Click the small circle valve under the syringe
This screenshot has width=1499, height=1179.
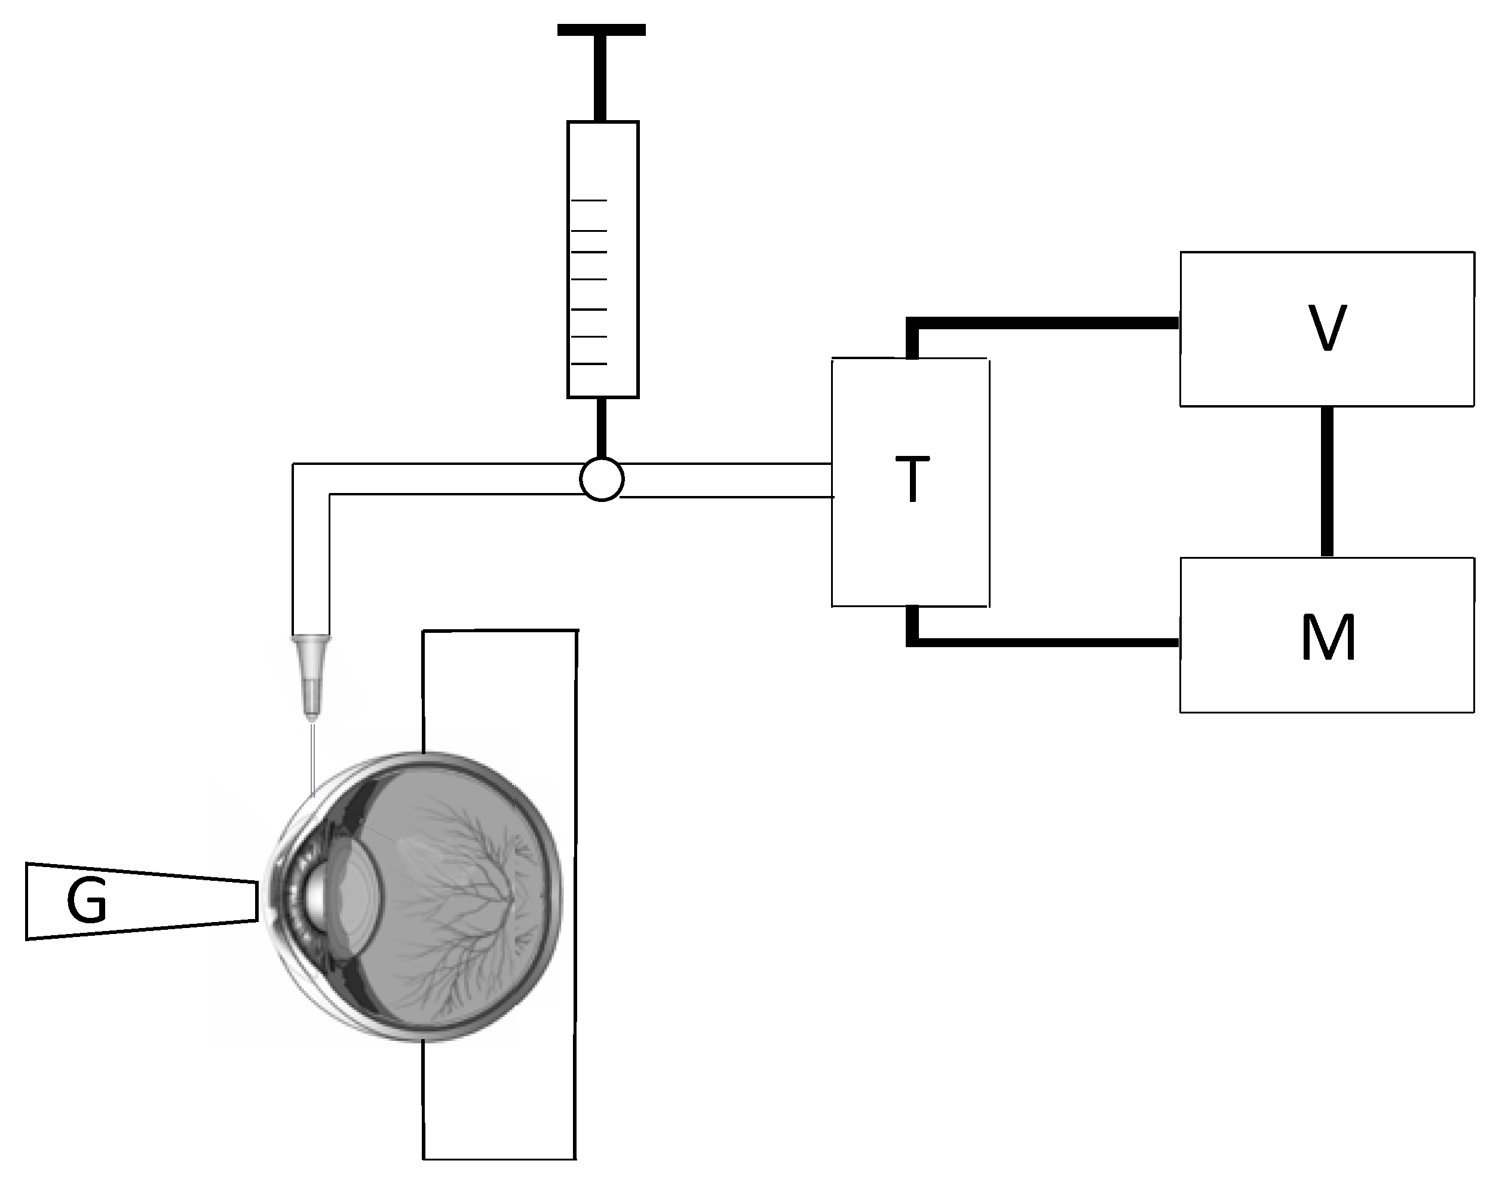point(602,479)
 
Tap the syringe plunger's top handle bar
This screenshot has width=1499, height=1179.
point(601,30)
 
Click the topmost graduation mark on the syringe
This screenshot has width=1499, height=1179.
point(590,200)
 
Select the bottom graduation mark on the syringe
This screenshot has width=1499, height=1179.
point(590,363)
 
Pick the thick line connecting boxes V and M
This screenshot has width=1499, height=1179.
point(1326,481)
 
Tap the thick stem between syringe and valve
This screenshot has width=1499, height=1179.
point(602,428)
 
